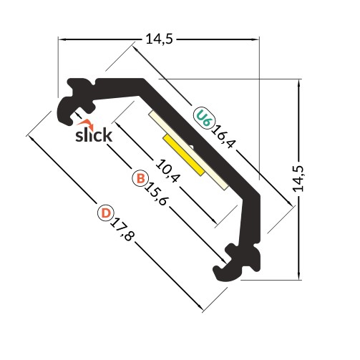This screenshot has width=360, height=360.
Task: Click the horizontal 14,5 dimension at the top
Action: click(159, 40)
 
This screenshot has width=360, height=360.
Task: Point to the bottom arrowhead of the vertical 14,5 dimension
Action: click(298, 275)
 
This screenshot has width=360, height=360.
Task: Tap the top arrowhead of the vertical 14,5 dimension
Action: click(298, 82)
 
